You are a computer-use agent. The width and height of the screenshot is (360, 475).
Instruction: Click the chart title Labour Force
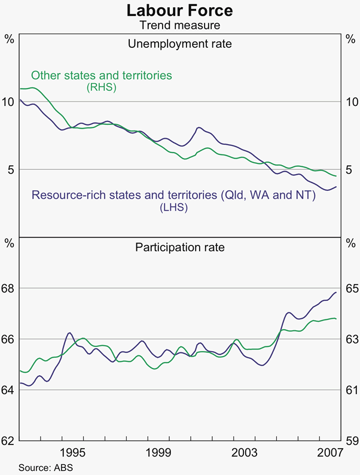click(x=180, y=10)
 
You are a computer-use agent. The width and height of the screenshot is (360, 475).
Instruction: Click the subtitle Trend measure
click(x=180, y=25)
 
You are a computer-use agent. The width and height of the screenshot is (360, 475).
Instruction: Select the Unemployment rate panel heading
click(x=180, y=44)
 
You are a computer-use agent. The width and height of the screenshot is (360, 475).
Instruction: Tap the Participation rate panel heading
click(x=180, y=246)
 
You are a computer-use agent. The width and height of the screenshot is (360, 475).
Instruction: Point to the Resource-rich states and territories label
click(x=173, y=196)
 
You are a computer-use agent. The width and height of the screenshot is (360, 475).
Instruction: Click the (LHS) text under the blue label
click(x=174, y=208)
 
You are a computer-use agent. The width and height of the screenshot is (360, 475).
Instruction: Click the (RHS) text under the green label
click(x=101, y=87)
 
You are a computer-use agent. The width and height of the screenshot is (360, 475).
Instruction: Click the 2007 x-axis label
click(x=330, y=451)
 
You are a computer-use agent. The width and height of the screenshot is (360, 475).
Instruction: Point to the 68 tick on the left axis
click(x=9, y=288)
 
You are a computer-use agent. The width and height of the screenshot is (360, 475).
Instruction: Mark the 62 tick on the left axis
click(x=9, y=441)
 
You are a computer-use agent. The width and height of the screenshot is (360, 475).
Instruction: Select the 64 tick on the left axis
click(x=9, y=390)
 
